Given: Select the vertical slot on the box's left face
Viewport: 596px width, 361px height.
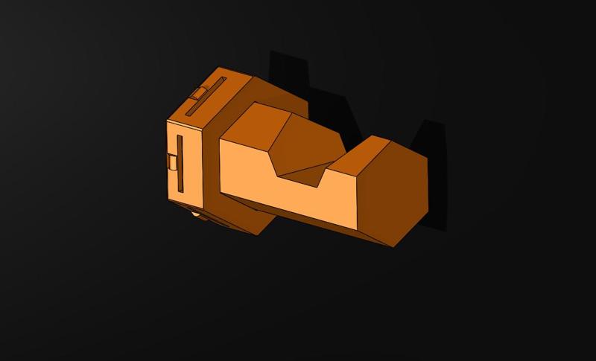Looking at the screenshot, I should [180, 163].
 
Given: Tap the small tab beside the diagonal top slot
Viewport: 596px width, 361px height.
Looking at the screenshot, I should [197, 93].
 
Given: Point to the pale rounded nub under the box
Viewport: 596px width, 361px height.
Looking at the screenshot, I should [197, 215].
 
